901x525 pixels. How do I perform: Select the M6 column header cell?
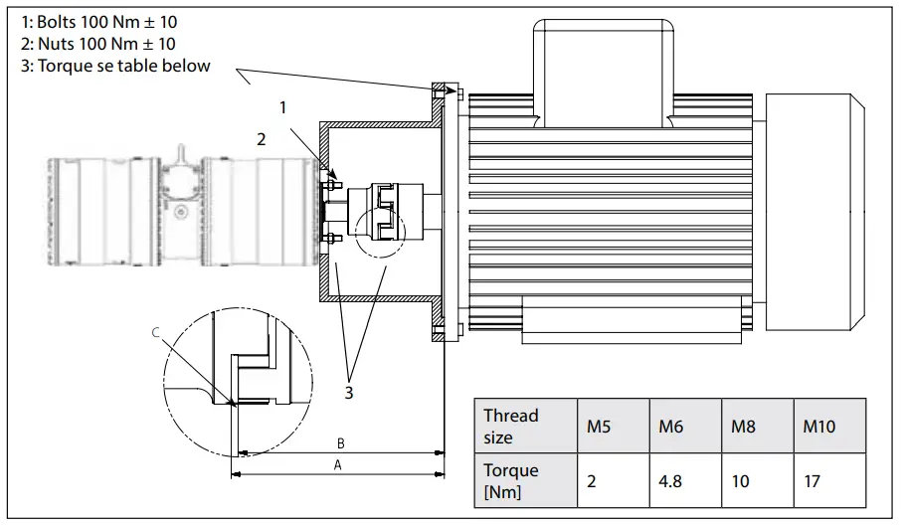[x=671, y=426]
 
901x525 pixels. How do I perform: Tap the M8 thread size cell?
[x=743, y=426]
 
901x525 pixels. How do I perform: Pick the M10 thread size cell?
[x=819, y=426]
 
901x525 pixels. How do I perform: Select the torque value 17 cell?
[x=812, y=481]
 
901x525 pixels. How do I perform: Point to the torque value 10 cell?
[x=741, y=481]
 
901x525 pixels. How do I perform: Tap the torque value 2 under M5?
[x=592, y=481]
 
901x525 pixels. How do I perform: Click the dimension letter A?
[x=338, y=465]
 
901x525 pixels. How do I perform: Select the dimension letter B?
[x=340, y=442]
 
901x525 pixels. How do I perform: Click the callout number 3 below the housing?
[x=348, y=392]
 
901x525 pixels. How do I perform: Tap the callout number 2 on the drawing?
[x=262, y=140]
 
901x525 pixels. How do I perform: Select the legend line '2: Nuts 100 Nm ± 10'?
[x=97, y=43]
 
